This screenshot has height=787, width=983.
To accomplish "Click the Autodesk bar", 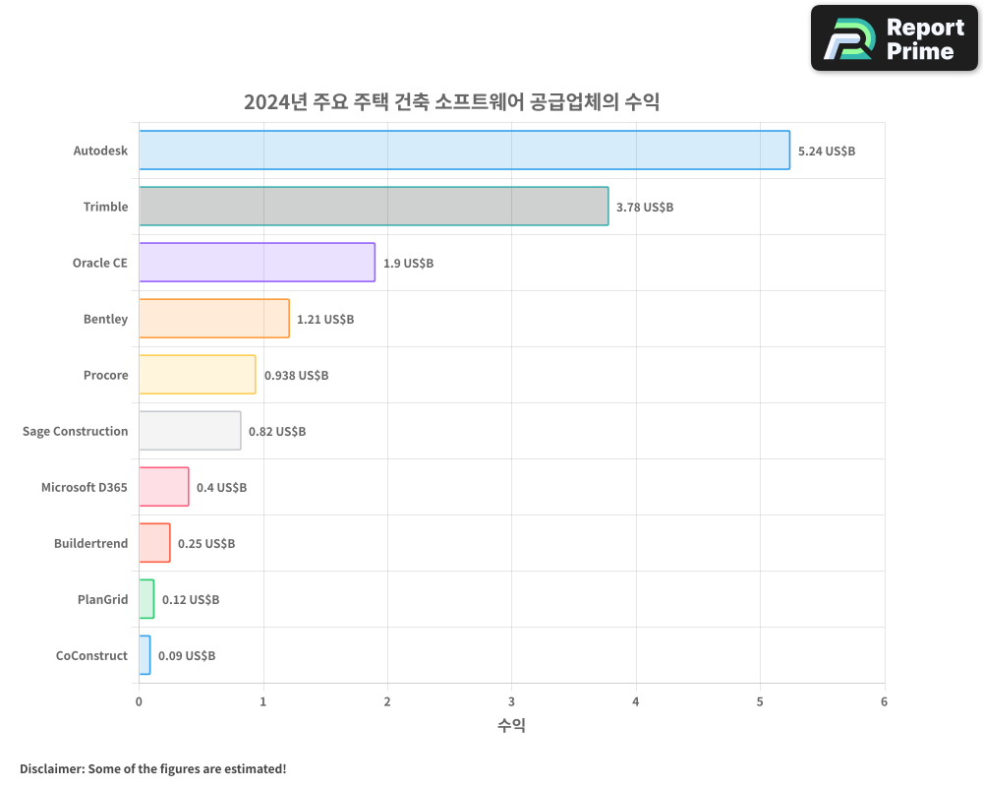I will (464, 151).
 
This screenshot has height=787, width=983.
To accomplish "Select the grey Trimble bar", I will (374, 207).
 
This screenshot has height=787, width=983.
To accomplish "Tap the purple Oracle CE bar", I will (257, 263).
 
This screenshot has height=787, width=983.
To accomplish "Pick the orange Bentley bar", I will (214, 319).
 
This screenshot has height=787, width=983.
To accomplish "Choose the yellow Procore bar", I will (197, 375).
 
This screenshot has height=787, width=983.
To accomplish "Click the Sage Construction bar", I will (190, 431).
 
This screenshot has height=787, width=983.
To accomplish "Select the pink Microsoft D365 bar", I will (163, 487).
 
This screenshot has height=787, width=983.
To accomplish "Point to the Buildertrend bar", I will (154, 543).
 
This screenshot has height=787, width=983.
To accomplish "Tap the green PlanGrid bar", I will (146, 599).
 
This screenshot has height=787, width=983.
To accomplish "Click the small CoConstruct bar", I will (145, 655).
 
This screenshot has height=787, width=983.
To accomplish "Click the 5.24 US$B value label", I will (827, 151).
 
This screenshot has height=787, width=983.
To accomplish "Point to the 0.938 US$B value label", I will (296, 376).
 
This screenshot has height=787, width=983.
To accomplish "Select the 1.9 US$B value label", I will (408, 264).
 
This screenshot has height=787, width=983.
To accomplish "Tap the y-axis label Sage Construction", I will (76, 431).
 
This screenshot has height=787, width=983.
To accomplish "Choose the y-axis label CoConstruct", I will (92, 655).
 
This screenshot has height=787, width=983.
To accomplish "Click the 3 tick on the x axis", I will (511, 701).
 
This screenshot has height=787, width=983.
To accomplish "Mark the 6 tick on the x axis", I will (884, 701).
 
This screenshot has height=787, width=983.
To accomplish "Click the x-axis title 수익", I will (511, 726).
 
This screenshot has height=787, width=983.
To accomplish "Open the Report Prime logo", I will (895, 38).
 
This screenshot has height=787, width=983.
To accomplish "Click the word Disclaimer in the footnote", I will (50, 768).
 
